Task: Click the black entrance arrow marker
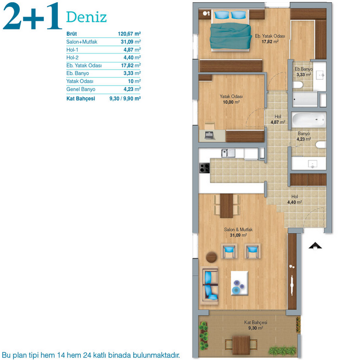(315, 246)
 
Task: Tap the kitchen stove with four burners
(204, 167)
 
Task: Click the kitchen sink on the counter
(228, 153)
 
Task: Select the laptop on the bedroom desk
(210, 135)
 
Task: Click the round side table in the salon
(211, 257)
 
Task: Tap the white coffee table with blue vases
(240, 283)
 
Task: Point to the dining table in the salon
(227, 206)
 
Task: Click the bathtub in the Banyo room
(309, 120)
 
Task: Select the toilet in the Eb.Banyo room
(298, 85)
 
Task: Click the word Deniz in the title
(87, 17)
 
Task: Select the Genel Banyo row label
(81, 89)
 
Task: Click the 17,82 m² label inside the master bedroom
(270, 42)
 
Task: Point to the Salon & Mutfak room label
(239, 229)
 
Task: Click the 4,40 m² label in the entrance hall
(295, 202)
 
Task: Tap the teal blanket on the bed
(231, 36)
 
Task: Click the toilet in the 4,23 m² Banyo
(320, 145)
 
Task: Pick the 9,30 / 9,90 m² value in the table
(125, 98)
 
